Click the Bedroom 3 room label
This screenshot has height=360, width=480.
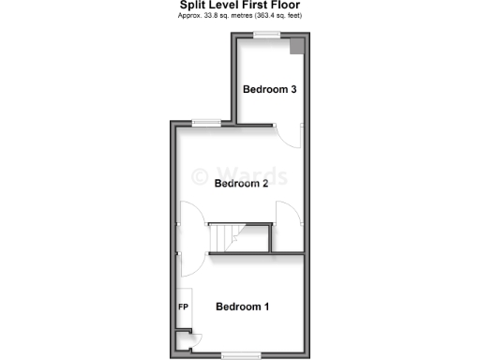point(270,90)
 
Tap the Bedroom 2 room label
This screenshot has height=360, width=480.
point(241,184)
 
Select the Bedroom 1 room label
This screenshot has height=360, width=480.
point(243,307)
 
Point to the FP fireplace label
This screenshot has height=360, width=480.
point(183,307)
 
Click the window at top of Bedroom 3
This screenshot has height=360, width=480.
point(267,35)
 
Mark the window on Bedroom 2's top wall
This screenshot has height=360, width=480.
point(206,121)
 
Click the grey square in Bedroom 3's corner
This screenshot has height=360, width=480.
point(295,47)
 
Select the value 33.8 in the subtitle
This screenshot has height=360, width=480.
point(212,17)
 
